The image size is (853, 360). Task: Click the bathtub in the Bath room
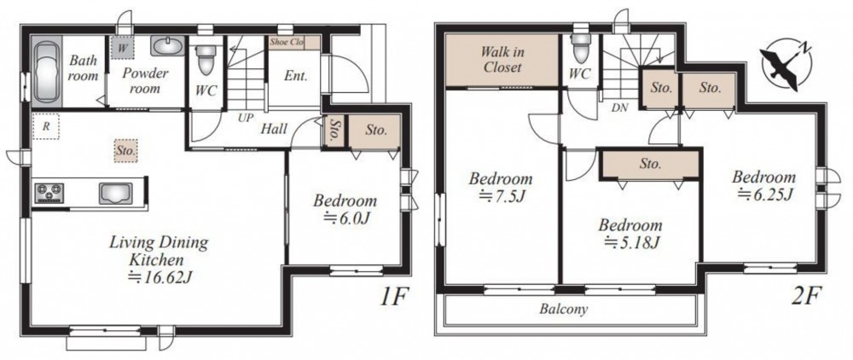coord(47,72)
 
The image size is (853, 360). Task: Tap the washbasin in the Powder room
coord(167,46)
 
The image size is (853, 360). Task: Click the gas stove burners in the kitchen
coord(49,193)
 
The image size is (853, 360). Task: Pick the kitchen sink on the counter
coord(115,193)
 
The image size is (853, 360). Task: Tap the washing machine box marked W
coord(123,47)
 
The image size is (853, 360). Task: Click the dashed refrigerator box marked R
coord(46,127)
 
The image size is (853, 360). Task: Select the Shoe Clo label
coord(286,42)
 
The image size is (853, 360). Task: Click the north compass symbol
coord(785,65)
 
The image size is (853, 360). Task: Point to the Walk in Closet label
coord(501,59)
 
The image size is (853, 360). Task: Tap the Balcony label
coord(564,310)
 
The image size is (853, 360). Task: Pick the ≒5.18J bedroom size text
coord(631,242)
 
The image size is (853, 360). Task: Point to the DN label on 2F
coord(619,107)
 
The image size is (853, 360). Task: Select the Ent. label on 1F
coord(296,76)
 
